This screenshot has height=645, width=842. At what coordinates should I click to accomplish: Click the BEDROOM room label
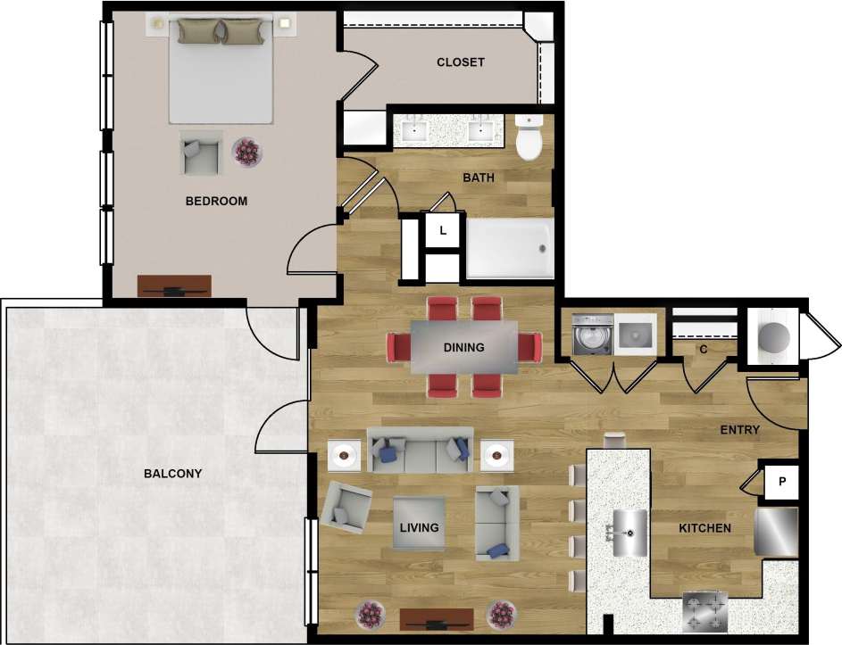pos(216,201)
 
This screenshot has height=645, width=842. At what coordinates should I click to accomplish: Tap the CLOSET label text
pos(460,62)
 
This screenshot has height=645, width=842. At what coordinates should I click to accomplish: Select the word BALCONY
pos(172,474)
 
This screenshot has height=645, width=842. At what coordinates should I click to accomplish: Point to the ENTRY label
pos(740,430)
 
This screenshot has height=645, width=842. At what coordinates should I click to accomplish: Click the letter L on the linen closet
pos(442,231)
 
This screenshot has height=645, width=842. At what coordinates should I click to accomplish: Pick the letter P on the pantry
pos(782,482)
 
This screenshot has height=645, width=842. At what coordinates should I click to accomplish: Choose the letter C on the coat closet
pos(703,349)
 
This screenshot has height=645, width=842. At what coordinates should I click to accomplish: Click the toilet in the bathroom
pos(529,137)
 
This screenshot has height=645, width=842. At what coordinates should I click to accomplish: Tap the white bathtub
pos(508,249)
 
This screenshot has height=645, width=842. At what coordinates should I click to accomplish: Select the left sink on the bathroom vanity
pos(414,131)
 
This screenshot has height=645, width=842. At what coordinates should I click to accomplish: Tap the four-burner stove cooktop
pos(705,611)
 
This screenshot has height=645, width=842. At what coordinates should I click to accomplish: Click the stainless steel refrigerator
pos(776,532)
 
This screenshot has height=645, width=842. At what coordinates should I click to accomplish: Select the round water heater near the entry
pos(773,335)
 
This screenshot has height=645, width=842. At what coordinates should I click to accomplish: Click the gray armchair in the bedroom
pos(201,153)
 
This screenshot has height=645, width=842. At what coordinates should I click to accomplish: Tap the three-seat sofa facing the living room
pos(420,451)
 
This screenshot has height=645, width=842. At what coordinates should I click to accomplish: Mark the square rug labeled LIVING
pos(420,527)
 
